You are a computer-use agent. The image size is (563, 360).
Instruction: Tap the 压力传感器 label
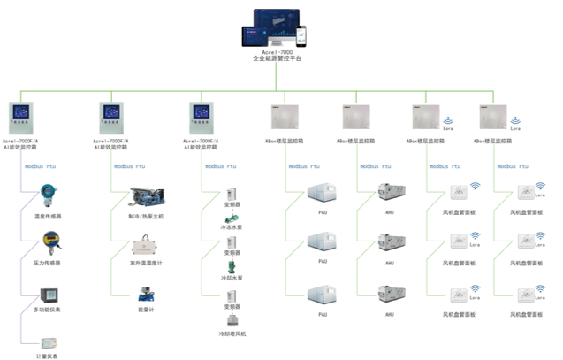pos(46,263)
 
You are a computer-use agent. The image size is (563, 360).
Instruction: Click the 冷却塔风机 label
pos(232,333)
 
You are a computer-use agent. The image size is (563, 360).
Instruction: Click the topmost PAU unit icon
pos(323,194)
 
